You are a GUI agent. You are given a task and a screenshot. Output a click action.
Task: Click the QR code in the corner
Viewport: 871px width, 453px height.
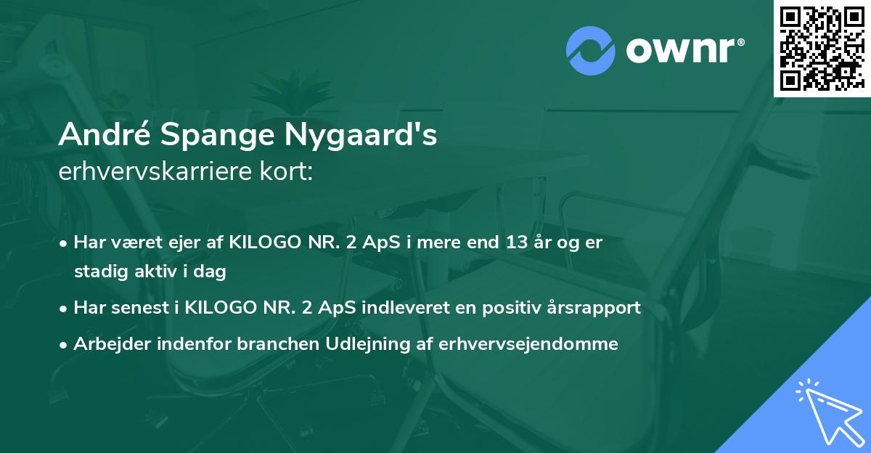coord(822,49)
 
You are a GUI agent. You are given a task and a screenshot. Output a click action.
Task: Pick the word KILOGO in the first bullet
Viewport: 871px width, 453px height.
coord(258,242)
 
